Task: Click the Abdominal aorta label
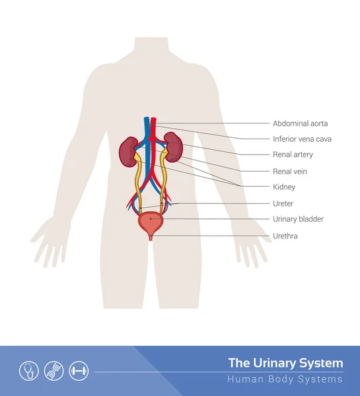300,123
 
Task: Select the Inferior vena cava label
302,139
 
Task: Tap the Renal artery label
293,154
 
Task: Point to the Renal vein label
290,172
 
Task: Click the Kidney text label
284,187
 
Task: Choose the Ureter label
283,203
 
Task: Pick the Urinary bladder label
298,219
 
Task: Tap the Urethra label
285,236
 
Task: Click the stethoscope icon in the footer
29,371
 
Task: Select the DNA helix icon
54,371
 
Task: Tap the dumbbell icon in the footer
79,371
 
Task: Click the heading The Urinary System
285,364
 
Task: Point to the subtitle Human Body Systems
285,379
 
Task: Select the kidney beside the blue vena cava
129,152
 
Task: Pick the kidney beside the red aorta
174,147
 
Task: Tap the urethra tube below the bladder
151,238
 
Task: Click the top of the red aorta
153,117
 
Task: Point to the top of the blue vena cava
147,117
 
